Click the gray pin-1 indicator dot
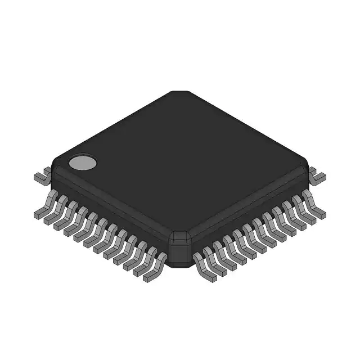[83, 163]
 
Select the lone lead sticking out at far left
[40, 177]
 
